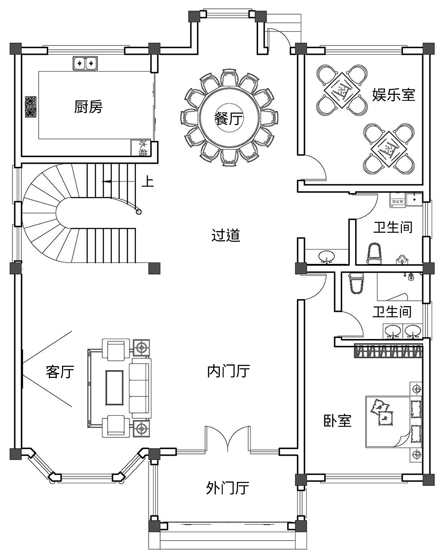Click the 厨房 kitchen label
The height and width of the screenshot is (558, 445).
[88, 107]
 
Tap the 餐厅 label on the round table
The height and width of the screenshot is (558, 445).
[228, 118]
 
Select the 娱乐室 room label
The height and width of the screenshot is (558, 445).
[393, 95]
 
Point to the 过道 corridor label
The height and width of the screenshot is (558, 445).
[226, 235]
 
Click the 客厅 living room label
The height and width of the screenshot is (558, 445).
[60, 371]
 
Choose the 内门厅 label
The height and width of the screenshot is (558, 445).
[228, 371]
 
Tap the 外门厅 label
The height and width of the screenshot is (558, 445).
[227, 488]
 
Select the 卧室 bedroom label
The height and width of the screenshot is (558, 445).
[337, 421]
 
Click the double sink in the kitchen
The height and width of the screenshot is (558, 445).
[85, 63]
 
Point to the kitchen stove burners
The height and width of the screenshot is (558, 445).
[30, 107]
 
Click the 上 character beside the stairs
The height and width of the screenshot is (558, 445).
[148, 182]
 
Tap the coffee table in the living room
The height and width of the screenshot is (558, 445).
[114, 387]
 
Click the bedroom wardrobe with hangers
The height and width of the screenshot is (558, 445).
[388, 351]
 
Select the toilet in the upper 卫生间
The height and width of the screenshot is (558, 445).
[374, 253]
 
